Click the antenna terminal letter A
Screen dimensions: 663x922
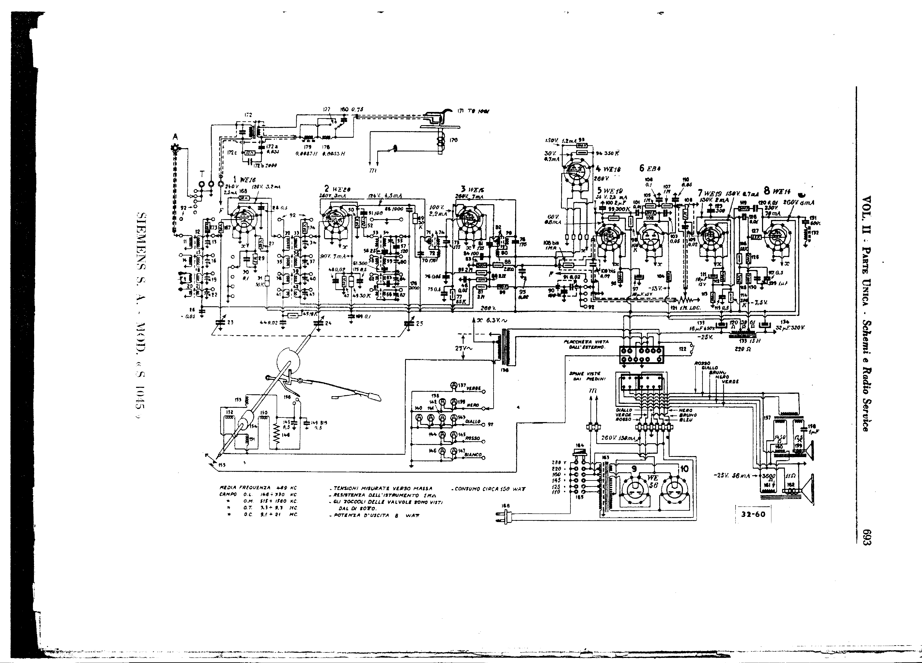click(175, 137)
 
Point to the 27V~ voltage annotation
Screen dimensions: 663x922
click(463, 348)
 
